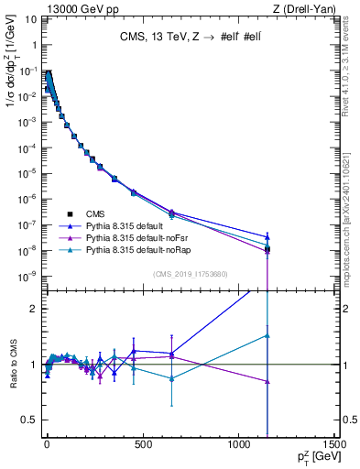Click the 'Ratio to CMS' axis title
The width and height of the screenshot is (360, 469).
coord(13,365)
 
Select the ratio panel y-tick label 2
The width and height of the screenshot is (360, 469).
coord(31,309)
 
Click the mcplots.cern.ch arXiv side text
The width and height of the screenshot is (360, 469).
coord(349,211)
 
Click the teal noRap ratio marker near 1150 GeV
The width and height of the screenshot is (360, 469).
coord(267,335)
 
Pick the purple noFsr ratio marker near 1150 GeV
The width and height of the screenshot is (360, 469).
coord(267,381)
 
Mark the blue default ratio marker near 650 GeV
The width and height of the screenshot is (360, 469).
coord(171,354)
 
